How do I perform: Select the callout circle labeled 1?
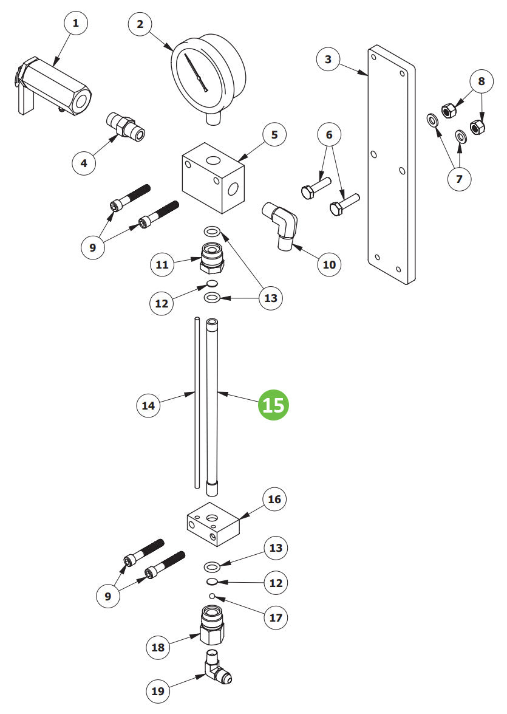pos(76,24)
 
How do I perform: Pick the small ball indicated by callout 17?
pos(212,596)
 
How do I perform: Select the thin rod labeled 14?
pos(197,401)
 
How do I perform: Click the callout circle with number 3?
pos(328,60)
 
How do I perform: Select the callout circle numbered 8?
pos(481,81)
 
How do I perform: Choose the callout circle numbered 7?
pos(459,179)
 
